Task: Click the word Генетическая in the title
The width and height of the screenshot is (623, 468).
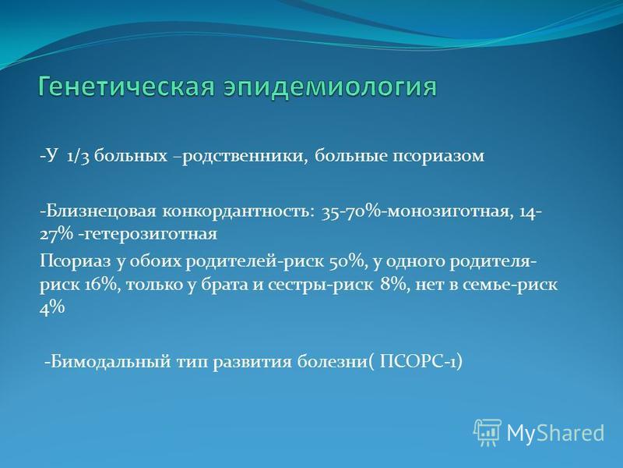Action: pos(126,87)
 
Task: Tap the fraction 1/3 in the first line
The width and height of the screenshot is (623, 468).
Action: pos(78,156)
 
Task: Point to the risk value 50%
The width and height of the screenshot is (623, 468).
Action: pos(347,262)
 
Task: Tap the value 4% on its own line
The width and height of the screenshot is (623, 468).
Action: pos(51,307)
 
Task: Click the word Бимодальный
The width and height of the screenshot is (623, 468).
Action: pos(107,363)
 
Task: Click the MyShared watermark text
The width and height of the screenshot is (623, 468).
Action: pos(555,433)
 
